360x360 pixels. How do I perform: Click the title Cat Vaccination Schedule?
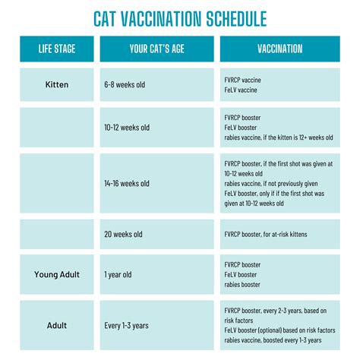[179, 18]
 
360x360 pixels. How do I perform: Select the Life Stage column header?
[57, 49]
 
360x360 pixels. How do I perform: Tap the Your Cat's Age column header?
[156, 49]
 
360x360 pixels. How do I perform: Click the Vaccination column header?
[279, 49]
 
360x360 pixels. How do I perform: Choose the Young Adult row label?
[57, 274]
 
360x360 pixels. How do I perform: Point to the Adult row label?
[57, 325]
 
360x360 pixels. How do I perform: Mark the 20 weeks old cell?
[124, 234]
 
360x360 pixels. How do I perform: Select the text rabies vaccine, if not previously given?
[271, 183]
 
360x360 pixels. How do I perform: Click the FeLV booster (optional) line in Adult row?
[279, 330]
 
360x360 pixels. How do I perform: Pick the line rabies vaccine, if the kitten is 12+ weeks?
[279, 137]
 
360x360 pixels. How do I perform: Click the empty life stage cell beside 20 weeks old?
[57, 234]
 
